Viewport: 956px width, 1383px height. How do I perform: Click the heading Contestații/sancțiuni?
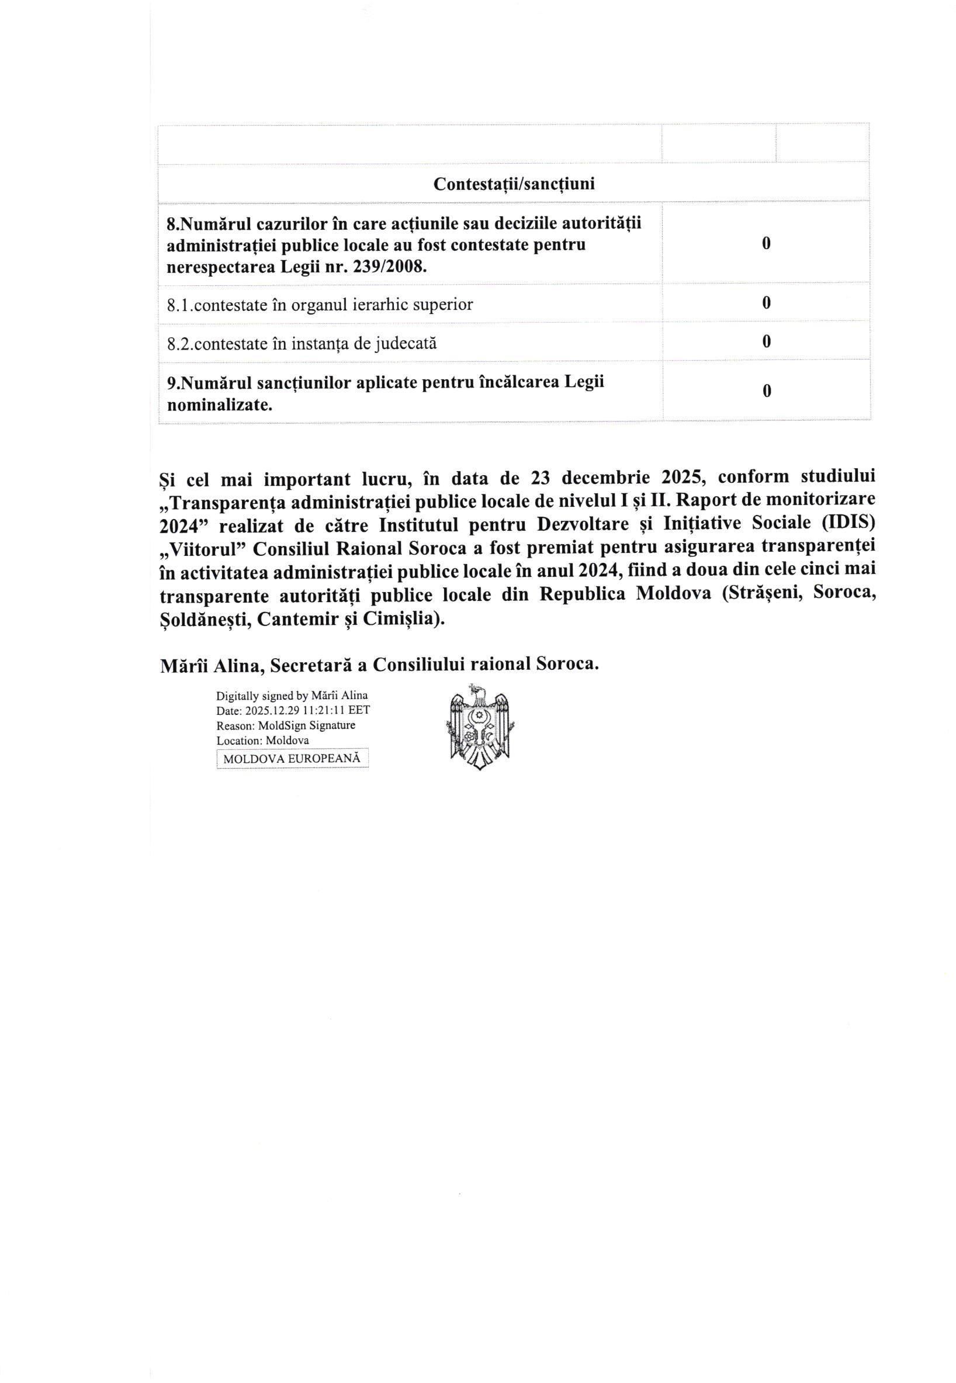click(514, 184)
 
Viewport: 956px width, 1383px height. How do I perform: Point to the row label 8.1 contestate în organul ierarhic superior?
click(320, 305)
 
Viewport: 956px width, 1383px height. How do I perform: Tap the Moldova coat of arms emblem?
click(480, 727)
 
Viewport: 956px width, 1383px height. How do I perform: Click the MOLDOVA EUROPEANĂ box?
click(292, 759)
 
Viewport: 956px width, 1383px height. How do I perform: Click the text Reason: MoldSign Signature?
click(286, 725)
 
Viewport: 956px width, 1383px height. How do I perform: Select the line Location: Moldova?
click(263, 741)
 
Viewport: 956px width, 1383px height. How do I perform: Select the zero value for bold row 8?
click(766, 243)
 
